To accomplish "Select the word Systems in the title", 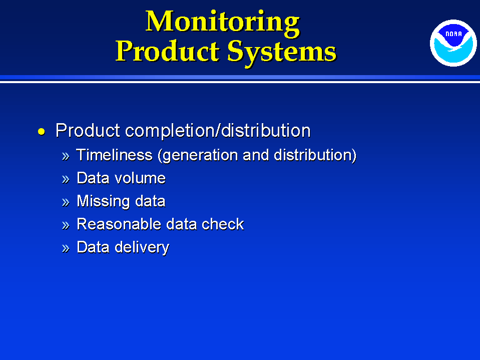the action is (x=282, y=53).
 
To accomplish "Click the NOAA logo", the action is (x=453, y=43).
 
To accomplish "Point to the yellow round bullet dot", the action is (x=42, y=132).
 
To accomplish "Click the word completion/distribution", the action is (x=218, y=131).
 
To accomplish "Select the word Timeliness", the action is (x=114, y=155).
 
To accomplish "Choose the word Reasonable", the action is (x=119, y=224).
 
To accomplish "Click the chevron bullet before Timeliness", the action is (x=66, y=156).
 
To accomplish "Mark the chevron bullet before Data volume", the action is (x=66, y=179).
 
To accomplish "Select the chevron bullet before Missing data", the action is (x=66, y=202).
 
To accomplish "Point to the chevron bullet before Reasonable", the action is (x=66, y=225).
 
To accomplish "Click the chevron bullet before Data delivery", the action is (x=66, y=248).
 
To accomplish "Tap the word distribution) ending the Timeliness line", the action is (x=315, y=156).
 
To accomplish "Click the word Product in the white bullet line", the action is (x=88, y=131).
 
